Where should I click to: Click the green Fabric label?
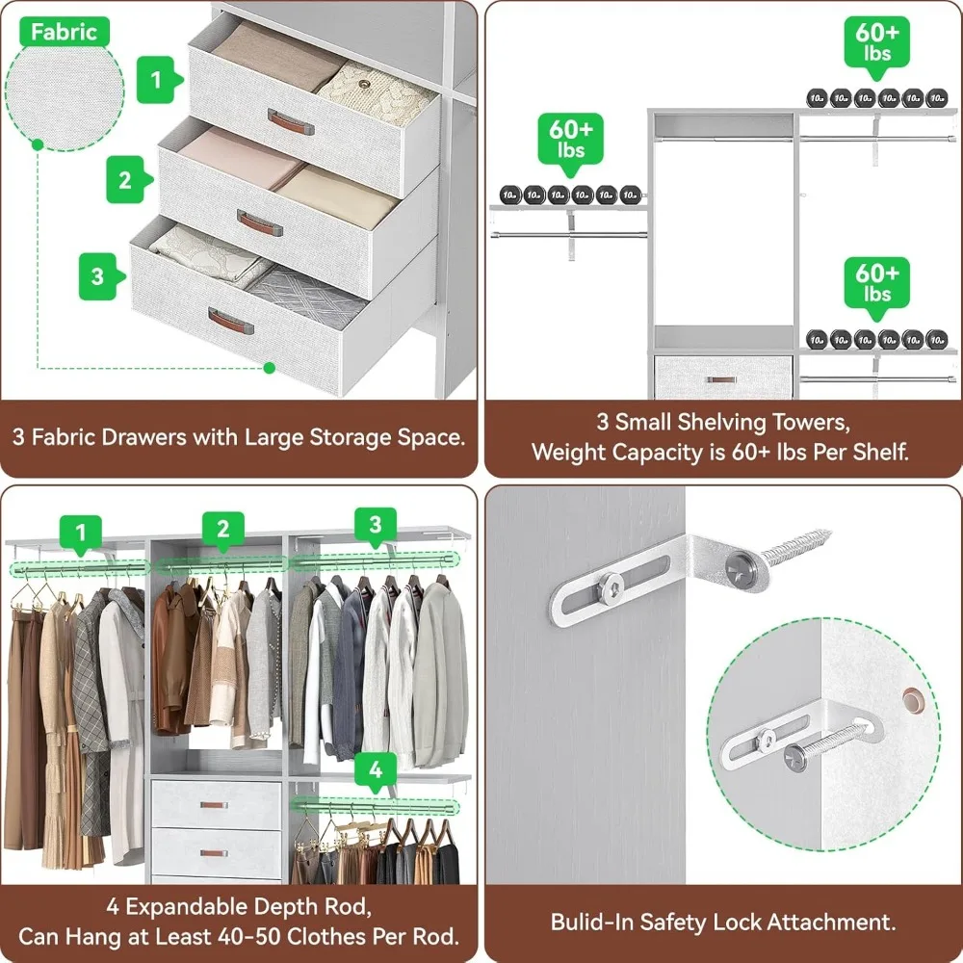point(64,32)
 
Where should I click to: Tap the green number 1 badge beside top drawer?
point(157,80)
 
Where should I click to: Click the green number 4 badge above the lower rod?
point(375,769)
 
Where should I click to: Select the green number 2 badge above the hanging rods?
point(223,528)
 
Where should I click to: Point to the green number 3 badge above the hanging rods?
point(376,525)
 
